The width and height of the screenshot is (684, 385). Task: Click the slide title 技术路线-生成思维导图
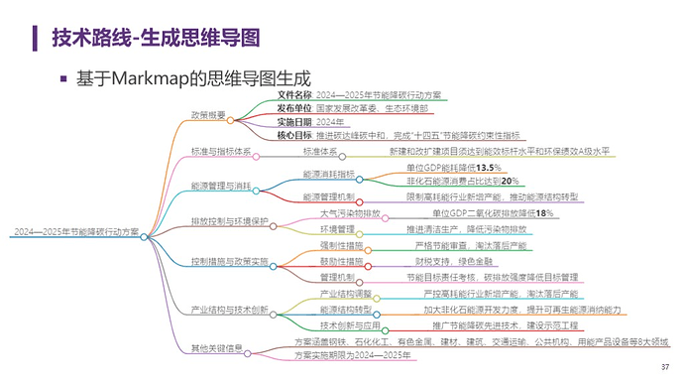coord(156,38)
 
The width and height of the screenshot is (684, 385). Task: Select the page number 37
coord(663,371)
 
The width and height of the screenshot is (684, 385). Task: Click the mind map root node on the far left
coord(75,232)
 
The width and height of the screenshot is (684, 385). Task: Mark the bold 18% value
coord(542,213)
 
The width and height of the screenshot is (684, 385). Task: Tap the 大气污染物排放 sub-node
coord(350,213)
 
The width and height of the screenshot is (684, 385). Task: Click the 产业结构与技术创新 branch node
coord(228,310)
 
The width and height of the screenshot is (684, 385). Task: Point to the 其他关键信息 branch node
coord(216,348)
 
